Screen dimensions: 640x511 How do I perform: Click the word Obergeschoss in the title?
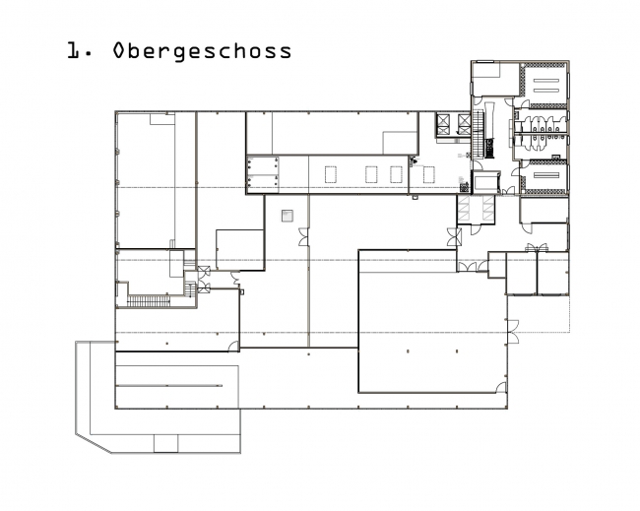(x=202, y=51)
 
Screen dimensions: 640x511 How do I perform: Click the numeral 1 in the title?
(x=74, y=50)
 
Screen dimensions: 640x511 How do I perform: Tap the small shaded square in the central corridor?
(x=288, y=216)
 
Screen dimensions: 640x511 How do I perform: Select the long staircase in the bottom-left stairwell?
(x=149, y=301)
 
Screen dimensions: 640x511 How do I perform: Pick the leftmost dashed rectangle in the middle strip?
(x=331, y=174)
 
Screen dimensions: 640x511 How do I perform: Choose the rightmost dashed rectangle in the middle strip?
(x=428, y=174)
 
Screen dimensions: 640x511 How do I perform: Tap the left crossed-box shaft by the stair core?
(x=443, y=124)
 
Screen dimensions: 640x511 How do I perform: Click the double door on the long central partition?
(x=303, y=236)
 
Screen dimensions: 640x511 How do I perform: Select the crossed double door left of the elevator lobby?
(x=454, y=237)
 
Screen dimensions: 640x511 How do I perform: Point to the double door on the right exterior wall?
(x=513, y=332)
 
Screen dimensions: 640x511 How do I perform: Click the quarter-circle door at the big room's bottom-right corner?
(x=501, y=387)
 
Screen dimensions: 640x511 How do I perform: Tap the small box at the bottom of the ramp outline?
(x=165, y=443)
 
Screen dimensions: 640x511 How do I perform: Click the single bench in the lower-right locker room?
(x=546, y=175)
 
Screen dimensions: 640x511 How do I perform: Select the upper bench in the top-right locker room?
(x=546, y=81)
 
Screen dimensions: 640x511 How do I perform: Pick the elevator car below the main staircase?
(x=486, y=182)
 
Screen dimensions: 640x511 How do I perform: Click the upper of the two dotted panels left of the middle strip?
(x=263, y=166)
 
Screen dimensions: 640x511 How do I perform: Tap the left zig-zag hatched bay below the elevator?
(x=464, y=209)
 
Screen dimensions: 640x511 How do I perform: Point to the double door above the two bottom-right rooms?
(x=537, y=247)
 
